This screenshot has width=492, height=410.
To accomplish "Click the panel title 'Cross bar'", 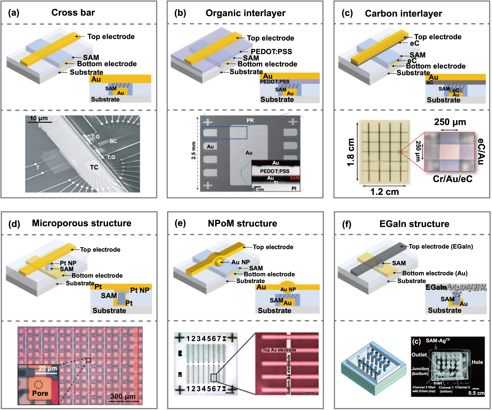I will tap(73, 12).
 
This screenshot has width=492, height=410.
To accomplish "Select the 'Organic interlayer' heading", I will tap(245, 13).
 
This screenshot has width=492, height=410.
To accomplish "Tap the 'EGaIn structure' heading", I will tap(414, 224).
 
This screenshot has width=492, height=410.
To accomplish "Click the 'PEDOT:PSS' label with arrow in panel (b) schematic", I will tap(271, 52).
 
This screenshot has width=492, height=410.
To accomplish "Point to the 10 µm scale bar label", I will tap(39, 118).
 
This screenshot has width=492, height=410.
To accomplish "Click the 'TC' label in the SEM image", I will tap(94, 167).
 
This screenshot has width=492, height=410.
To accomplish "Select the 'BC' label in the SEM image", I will tap(113, 141).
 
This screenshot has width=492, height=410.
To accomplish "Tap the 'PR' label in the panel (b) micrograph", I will tap(250, 120).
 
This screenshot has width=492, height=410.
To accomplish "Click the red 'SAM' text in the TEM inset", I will tap(295, 178).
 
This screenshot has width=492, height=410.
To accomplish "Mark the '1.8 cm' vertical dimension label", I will tap(351, 152).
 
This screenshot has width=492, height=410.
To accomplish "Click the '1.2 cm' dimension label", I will tap(384, 191).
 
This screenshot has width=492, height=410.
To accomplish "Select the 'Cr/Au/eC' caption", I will tap(453, 179).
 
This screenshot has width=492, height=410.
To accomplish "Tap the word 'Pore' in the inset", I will tap(40, 393).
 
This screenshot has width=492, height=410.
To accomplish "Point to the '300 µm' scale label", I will tap(123, 396).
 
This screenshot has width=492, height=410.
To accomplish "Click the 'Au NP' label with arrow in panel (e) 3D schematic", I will tap(241, 262).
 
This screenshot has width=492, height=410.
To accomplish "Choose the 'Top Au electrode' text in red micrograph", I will tap(279, 350).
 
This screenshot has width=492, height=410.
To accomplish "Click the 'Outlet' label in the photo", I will tap(419, 355).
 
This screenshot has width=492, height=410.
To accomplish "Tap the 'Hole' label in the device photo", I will tap(477, 362).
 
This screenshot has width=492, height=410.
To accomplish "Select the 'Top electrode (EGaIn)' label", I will tap(441, 246).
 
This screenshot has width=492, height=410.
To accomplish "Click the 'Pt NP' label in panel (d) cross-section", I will tap(140, 290).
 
